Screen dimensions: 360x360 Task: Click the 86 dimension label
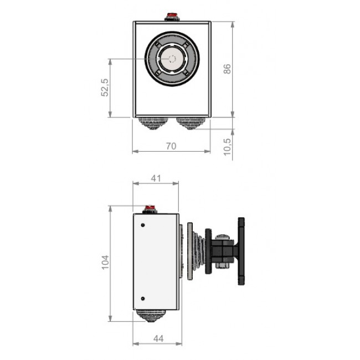point(227,69)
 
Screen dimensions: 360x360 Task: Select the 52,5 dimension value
point(105,88)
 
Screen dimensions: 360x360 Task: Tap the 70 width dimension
point(171,146)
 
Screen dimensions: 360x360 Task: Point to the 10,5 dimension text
point(227,147)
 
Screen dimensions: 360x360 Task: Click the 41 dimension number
point(156,178)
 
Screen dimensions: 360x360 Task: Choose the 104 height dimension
point(105,262)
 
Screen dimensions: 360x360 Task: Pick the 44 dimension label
point(158,338)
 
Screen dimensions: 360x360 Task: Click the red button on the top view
point(172,16)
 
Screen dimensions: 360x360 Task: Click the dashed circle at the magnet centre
point(172,59)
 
